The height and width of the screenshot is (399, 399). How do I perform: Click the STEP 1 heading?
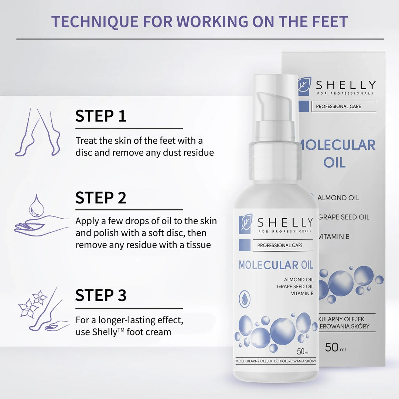(101, 116)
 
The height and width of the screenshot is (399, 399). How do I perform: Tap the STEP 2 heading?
(101, 198)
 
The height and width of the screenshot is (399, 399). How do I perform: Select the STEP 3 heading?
(101, 296)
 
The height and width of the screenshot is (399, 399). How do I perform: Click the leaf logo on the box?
(305, 86)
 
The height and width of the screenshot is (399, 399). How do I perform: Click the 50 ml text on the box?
(335, 348)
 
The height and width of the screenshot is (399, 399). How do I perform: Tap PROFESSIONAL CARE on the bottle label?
(280, 245)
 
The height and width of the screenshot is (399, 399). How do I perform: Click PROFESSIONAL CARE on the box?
(338, 106)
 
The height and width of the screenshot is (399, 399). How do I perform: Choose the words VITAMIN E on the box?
(334, 236)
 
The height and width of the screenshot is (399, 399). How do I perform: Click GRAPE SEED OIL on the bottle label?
(296, 286)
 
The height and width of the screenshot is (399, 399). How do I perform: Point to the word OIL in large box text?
(334, 162)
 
